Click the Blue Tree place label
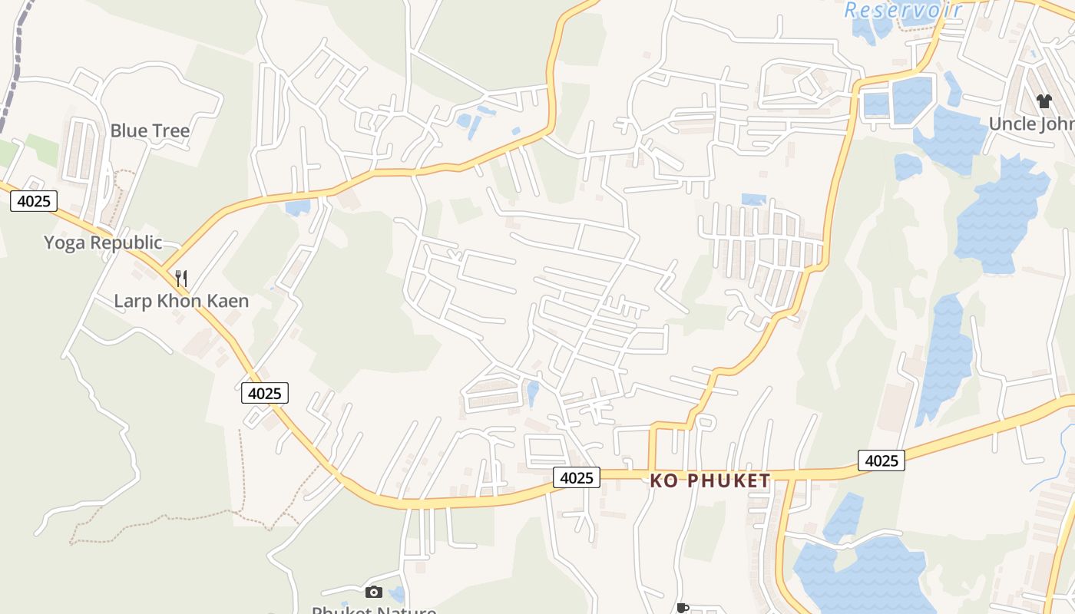pyautogui.click(x=150, y=130)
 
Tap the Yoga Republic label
pyautogui.click(x=102, y=243)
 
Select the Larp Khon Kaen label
pyautogui.click(x=181, y=300)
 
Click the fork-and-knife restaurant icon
pyautogui.click(x=181, y=278)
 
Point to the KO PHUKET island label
pyautogui.click(x=709, y=481)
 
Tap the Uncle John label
pyautogui.click(x=1031, y=124)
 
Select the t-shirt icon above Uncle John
pyautogui.click(x=1044, y=101)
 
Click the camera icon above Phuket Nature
pyautogui.click(x=374, y=592)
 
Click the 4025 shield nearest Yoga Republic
pyautogui.click(x=34, y=201)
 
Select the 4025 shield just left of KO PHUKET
pyautogui.click(x=577, y=477)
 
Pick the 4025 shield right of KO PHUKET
pyautogui.click(x=881, y=460)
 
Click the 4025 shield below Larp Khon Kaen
pyautogui.click(x=265, y=393)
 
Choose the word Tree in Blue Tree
pyautogui.click(x=170, y=130)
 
